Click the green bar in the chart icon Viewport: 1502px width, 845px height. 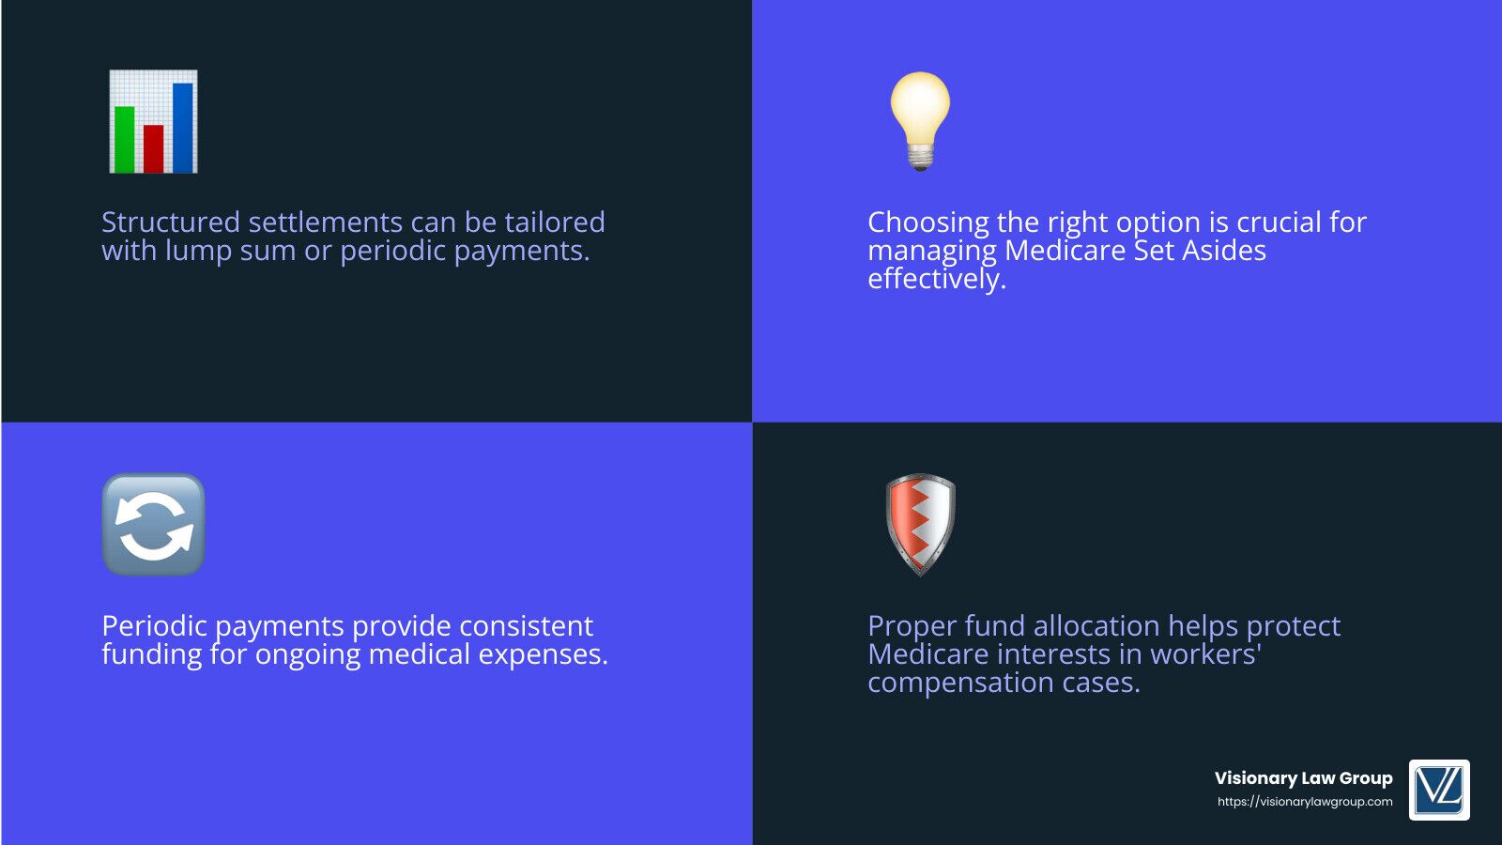tap(125, 139)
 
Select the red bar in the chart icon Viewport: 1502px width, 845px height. tap(154, 148)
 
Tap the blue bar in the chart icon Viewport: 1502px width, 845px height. tap(183, 128)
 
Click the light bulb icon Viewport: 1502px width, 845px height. tap(920, 121)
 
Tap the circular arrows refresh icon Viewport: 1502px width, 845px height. tap(154, 525)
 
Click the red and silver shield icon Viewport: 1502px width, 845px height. tap(921, 525)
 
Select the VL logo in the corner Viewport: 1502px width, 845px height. tap(1439, 790)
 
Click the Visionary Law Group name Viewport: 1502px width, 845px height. tap(1304, 778)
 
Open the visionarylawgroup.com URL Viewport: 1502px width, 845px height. tap(1305, 802)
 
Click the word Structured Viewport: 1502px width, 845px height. tap(170, 222)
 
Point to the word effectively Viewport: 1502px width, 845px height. tap(937, 279)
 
